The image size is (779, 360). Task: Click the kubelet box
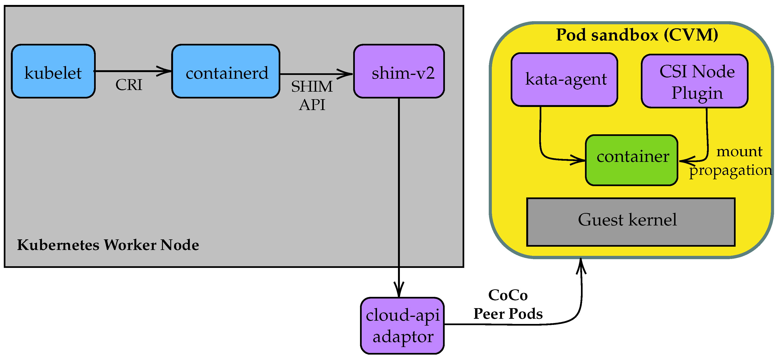[53, 71]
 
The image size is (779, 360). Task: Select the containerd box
[226, 71]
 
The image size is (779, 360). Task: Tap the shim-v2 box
[399, 71]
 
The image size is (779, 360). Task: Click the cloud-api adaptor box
[402, 326]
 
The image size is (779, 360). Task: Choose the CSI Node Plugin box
[695, 81]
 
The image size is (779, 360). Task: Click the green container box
[631, 160]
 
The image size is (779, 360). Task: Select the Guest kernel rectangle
[631, 222]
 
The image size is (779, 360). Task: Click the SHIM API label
[312, 95]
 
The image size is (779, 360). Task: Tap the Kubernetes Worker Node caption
[108, 245]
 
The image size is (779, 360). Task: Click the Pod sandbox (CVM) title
[637, 35]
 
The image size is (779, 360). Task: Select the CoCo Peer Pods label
[508, 304]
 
